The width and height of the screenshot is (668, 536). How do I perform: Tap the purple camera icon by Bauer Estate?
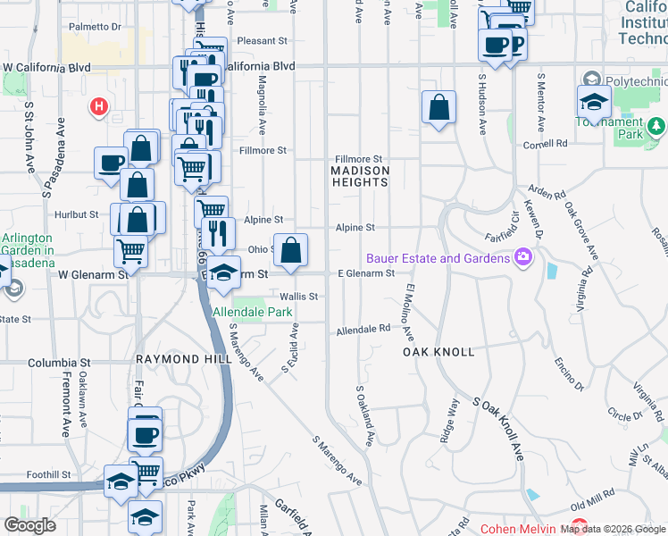pos(523,258)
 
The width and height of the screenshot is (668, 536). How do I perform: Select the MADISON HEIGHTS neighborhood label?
pos(360,175)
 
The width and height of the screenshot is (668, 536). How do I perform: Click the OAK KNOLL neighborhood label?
pos(438,352)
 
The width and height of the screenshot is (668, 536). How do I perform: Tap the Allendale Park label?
pos(253,313)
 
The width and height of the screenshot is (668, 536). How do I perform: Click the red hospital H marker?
pos(98,108)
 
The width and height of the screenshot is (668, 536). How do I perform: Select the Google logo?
pos(29,525)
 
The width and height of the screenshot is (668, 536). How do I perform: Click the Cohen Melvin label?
pos(517,527)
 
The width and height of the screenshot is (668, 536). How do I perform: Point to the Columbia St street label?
pos(60,364)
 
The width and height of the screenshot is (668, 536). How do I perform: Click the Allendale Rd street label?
pos(363,330)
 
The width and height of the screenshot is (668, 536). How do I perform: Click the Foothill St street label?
pos(48,474)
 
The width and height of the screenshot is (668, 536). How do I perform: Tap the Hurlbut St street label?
pos(75,214)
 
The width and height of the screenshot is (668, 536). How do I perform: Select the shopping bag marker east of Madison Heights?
pos(438,108)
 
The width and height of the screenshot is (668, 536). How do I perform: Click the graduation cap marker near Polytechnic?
pos(594,102)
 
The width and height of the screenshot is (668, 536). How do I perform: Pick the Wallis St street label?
pos(298,296)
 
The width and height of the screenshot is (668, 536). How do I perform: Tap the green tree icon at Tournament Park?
pos(656,125)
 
